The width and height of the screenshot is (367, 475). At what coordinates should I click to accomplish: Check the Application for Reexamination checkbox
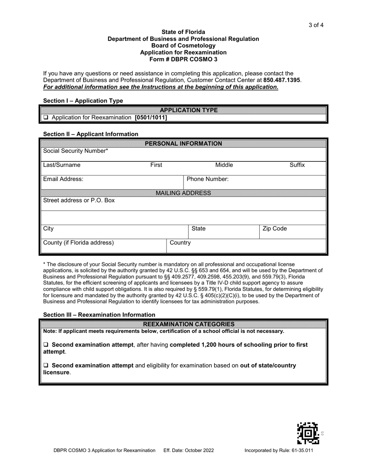pyautogui.click(x=46, y=117)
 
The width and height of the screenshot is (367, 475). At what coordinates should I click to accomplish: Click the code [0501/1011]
pyautogui.click(x=151, y=117)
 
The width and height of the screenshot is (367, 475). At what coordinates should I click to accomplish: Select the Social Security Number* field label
pyautogui.click(x=76, y=151)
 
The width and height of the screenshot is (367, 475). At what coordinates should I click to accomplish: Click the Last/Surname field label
pyautogui.click(x=62, y=165)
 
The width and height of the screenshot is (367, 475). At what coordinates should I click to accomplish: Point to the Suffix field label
pyautogui.click(x=297, y=165)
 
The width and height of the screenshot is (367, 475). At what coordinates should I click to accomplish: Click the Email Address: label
pyautogui.click(x=63, y=179)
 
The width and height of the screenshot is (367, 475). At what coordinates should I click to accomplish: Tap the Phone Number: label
pyautogui.click(x=207, y=179)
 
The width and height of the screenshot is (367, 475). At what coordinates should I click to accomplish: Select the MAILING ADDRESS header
pyautogui.click(x=183, y=193)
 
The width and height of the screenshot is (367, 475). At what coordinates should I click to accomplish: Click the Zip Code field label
pyautogui.click(x=275, y=229)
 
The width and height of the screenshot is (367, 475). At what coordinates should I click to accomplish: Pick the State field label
pyautogui.click(x=198, y=229)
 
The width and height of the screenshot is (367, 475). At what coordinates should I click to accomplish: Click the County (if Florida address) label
pyautogui.click(x=78, y=243)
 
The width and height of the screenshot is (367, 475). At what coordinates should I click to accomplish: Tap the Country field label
pyautogui.click(x=180, y=243)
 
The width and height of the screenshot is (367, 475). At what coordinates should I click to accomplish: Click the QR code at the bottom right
pyautogui.click(x=308, y=433)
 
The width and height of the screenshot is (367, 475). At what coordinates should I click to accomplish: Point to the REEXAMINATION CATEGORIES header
pyautogui.click(x=183, y=324)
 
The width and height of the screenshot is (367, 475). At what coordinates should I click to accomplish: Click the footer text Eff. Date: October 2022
pyautogui.click(x=189, y=450)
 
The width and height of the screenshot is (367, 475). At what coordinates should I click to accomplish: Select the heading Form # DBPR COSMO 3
pyautogui.click(x=183, y=59)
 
